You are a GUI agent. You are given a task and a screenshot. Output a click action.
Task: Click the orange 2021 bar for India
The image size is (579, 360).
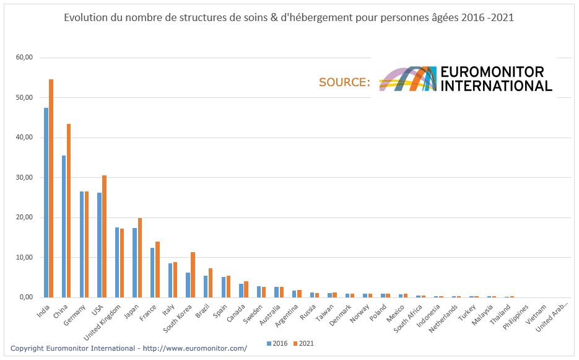click(51, 188)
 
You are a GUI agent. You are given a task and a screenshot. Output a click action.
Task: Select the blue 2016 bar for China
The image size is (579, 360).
click(64, 226)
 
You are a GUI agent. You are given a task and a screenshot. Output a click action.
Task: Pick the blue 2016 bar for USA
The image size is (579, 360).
click(99, 245)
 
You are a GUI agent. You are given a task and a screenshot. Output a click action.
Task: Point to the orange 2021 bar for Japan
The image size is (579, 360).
click(140, 258)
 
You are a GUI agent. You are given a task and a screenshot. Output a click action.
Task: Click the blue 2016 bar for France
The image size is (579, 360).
click(152, 273)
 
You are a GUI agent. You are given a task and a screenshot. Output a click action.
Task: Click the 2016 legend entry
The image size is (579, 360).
click(278, 343)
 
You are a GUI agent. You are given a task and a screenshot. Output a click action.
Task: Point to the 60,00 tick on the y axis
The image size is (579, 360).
click(25, 58)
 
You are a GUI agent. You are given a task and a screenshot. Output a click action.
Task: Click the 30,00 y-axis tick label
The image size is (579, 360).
click(25, 178)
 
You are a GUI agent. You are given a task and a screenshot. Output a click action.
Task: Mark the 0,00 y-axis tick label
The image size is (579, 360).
click(27, 297)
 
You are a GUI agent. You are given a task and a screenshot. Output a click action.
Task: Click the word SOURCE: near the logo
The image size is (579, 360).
click(344, 82)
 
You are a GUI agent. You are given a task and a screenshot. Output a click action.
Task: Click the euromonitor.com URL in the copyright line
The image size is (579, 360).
click(195, 348)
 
